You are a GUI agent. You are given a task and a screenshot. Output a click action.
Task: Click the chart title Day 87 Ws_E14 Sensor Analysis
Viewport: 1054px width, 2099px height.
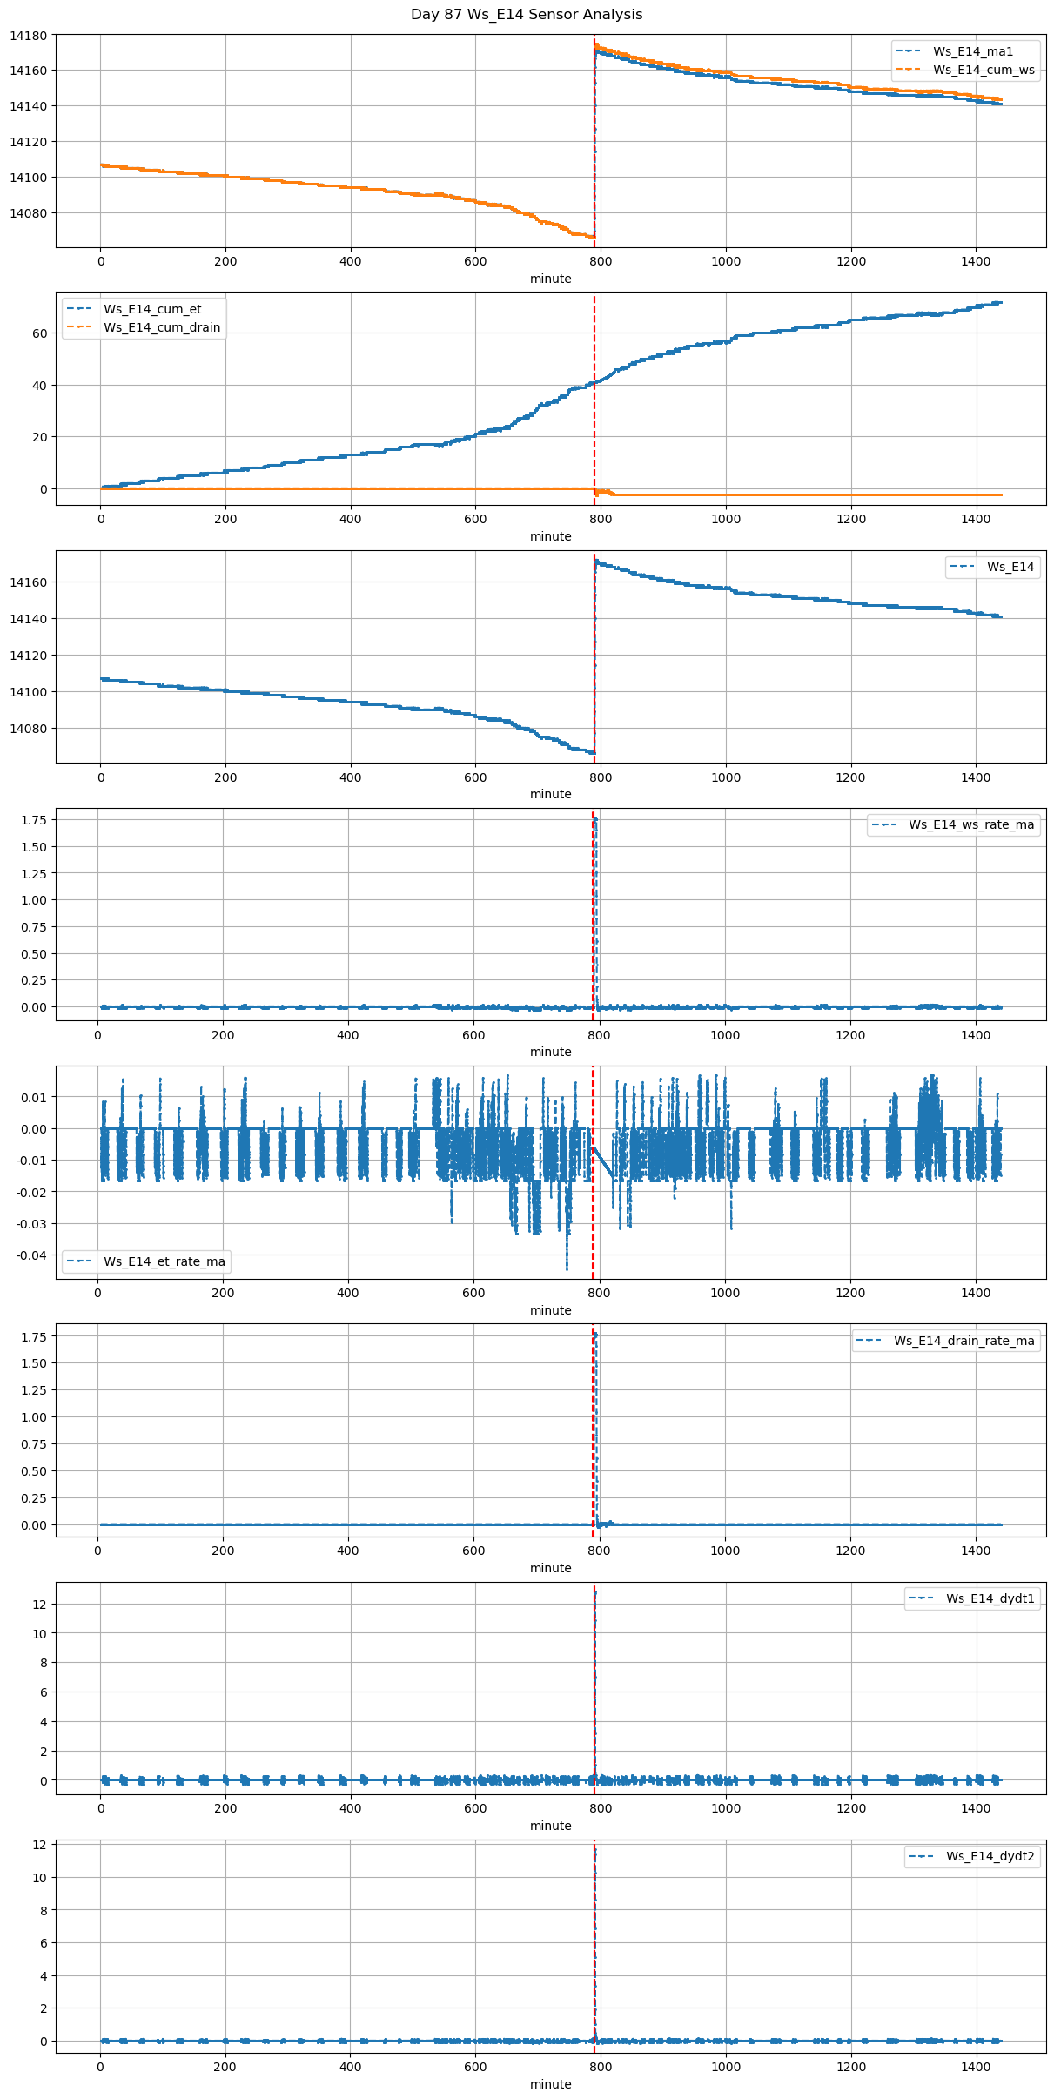click(527, 15)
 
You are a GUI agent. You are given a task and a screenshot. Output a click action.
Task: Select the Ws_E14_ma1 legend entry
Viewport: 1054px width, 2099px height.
click(972, 51)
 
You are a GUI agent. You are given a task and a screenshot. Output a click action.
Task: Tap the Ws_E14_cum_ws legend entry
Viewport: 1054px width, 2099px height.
click(984, 70)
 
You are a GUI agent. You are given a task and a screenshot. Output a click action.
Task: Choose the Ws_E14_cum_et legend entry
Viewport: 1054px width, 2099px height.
click(152, 309)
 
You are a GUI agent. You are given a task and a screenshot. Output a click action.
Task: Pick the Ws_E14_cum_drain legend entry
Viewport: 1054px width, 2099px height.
click(162, 327)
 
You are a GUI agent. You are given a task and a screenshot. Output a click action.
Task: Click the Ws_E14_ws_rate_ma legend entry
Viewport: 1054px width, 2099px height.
click(971, 824)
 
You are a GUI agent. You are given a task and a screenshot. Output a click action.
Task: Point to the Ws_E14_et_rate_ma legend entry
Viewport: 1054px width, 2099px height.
click(164, 1261)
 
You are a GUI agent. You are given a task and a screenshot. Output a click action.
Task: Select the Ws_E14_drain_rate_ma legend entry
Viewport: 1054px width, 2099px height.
click(963, 1341)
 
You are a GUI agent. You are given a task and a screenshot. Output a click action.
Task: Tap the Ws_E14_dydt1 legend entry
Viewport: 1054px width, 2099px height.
click(990, 1598)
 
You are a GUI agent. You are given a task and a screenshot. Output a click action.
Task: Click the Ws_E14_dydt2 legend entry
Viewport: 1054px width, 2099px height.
click(990, 1856)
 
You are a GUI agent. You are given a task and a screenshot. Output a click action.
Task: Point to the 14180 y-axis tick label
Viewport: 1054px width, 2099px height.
click(30, 35)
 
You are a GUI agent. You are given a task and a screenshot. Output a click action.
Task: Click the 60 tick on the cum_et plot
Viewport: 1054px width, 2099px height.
click(40, 333)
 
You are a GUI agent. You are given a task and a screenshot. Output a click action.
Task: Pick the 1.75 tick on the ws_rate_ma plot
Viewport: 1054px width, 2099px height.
click(35, 820)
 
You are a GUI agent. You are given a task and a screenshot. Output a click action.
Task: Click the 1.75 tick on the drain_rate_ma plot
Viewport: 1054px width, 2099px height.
click(35, 1336)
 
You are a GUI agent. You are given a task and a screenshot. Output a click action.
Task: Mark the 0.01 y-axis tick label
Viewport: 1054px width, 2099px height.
click(34, 1098)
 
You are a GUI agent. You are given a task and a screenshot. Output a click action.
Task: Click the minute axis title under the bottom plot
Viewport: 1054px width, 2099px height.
click(550, 2084)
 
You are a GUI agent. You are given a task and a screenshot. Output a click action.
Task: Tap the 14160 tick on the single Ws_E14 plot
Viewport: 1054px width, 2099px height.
click(30, 582)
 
